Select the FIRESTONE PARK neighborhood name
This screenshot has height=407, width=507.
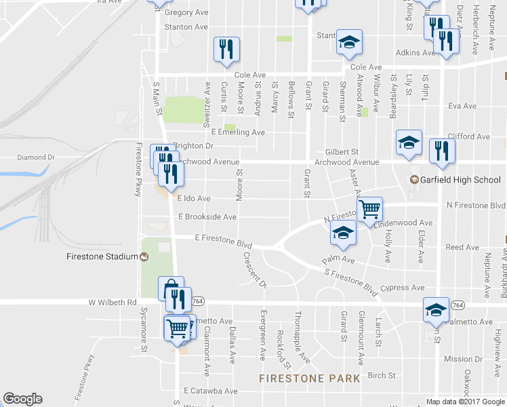coord(310,377)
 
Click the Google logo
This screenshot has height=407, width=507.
coord(22,399)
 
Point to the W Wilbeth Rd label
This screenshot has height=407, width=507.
coord(113,303)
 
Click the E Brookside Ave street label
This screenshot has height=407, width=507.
coord(206,217)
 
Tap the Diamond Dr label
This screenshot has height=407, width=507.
coord(20,157)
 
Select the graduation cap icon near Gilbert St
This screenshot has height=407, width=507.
coord(409,142)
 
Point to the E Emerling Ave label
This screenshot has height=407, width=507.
coord(237,132)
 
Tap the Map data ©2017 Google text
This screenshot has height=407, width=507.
coord(465,402)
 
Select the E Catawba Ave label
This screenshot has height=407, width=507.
coord(211,391)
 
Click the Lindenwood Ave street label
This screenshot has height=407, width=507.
coord(407,222)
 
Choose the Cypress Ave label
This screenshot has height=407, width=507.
coord(403,288)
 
